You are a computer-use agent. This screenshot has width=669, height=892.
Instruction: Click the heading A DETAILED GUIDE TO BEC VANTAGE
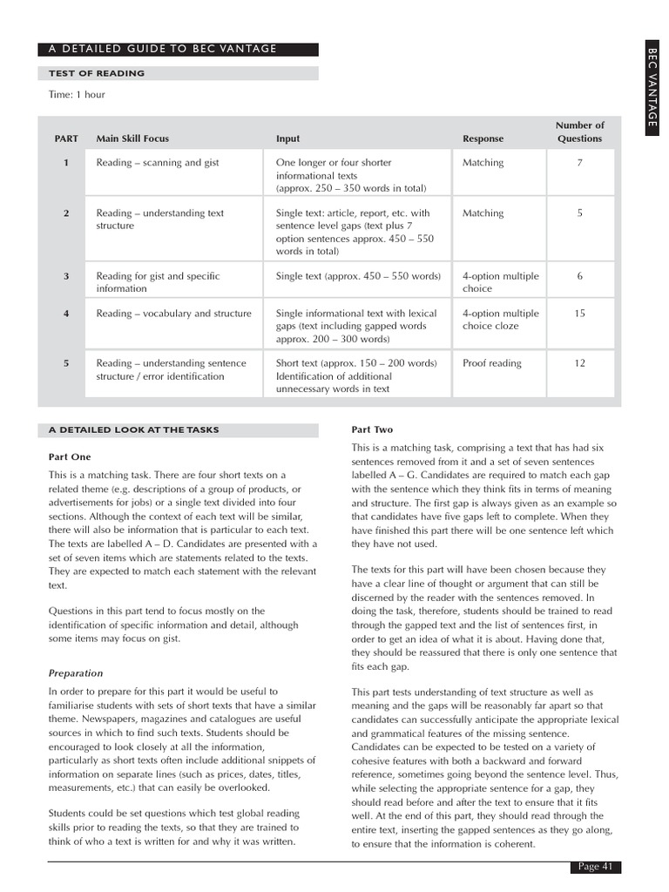click(x=163, y=49)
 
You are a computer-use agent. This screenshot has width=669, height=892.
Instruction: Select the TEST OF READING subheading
click(x=96, y=73)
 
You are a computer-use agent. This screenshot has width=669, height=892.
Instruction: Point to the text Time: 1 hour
click(x=77, y=94)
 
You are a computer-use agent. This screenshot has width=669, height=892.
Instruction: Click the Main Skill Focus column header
click(x=132, y=139)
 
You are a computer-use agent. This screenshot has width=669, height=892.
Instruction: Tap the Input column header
click(x=287, y=139)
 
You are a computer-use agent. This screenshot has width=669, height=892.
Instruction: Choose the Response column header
click(x=483, y=139)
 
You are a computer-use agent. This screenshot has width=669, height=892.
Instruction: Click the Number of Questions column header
click(x=579, y=132)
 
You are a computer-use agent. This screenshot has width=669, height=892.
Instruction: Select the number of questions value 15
click(x=579, y=314)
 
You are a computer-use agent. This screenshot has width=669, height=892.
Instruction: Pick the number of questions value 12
click(x=579, y=363)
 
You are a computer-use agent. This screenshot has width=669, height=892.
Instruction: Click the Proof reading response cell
click(x=491, y=363)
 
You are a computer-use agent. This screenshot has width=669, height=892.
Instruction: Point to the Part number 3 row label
click(x=66, y=276)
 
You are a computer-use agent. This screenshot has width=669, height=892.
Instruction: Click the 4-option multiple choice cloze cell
click(x=500, y=320)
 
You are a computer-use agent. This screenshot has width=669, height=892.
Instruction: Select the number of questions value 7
click(x=579, y=163)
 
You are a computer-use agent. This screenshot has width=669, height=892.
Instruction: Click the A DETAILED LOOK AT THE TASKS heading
click(x=133, y=429)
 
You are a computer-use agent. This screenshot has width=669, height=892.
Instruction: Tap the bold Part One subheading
click(x=70, y=456)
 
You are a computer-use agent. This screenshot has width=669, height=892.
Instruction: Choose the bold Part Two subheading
click(x=372, y=429)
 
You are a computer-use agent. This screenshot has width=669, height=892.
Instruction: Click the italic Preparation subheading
click(x=76, y=672)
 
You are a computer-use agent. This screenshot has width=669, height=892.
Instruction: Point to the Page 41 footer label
click(x=596, y=866)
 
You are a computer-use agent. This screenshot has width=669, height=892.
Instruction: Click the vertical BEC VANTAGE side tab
click(x=652, y=87)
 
